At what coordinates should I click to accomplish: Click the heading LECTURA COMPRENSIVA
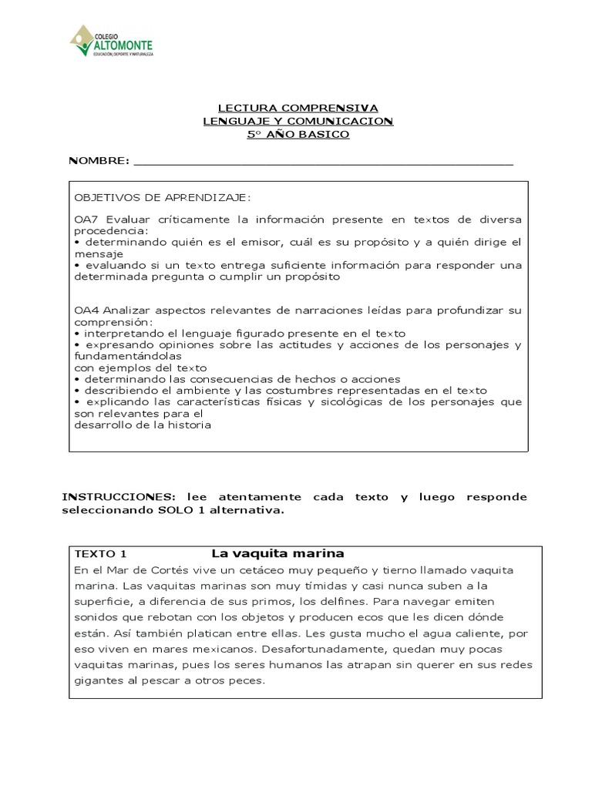tap(298, 109)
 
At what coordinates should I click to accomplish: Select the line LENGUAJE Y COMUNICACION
tap(298, 122)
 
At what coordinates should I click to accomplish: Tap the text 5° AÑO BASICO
tap(298, 135)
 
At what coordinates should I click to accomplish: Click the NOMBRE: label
tap(99, 160)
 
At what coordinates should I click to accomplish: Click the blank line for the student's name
tap(324, 162)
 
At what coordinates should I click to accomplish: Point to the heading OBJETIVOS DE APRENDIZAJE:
tap(162, 197)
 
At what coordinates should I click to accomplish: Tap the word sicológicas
tap(338, 402)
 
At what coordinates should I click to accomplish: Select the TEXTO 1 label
tap(100, 554)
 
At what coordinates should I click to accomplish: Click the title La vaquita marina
tap(277, 554)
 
